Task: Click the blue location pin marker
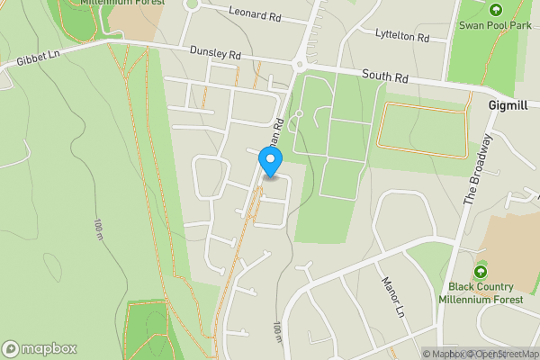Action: tap(271, 161)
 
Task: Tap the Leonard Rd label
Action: tap(256, 13)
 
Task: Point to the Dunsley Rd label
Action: tap(216, 55)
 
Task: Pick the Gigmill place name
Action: tap(508, 104)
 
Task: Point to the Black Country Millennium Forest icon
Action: tap(481, 270)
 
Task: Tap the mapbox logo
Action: tap(40, 348)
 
